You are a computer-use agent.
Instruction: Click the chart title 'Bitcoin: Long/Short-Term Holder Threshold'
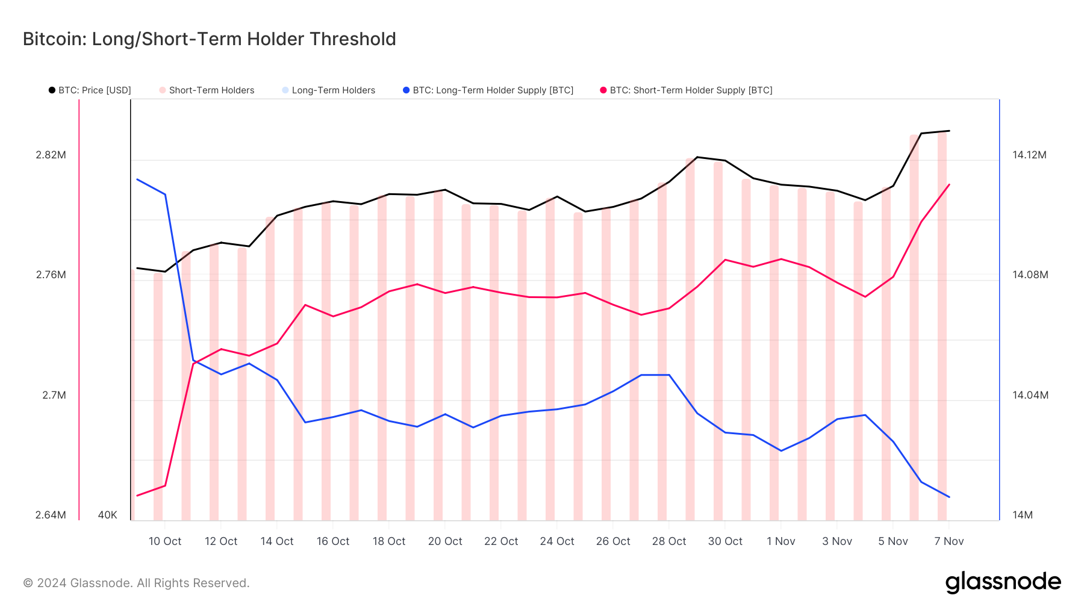pos(209,39)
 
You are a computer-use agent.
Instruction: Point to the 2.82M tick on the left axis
pos(51,155)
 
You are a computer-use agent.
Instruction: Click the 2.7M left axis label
pos(54,395)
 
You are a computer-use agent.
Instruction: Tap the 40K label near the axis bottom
pos(108,515)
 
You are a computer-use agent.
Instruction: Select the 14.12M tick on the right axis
pos(1029,155)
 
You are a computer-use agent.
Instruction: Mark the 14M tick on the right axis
pos(1023,515)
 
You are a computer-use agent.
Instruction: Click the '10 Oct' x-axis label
pos(165,541)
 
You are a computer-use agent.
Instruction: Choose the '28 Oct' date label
pos(669,541)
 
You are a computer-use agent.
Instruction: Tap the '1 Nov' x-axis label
pos(781,541)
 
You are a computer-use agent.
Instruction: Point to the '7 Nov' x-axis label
pos(949,541)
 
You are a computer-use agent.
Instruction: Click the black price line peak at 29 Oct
pos(697,157)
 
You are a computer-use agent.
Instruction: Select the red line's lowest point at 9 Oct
pos(137,496)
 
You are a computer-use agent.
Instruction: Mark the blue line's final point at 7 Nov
pos(949,497)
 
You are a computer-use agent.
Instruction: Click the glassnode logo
pos(1003,582)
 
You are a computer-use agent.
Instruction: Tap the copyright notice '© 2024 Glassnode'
pos(136,583)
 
